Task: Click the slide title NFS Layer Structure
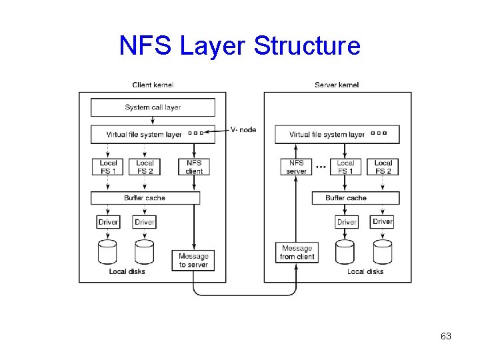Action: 239,46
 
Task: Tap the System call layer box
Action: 153,107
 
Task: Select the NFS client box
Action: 194,167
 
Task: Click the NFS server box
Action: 297,167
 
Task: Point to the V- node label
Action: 243,129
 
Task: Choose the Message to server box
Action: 193,260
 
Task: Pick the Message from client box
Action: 297,253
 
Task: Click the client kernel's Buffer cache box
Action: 145,198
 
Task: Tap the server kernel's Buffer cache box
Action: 355,198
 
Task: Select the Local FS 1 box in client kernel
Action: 108,167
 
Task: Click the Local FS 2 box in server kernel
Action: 383,167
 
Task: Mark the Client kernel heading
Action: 153,85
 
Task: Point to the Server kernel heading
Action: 337,85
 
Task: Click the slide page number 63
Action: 446,337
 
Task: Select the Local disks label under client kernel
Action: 127,271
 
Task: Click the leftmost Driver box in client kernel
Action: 108,222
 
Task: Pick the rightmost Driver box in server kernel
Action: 383,221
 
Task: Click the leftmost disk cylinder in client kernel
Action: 108,252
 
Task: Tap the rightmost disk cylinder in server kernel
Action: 383,252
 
